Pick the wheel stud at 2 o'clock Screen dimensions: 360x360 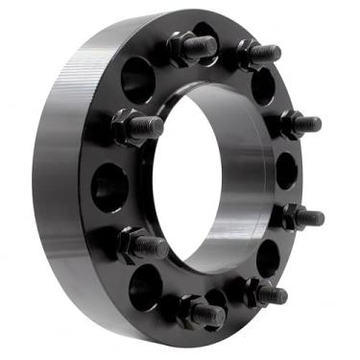click(298, 123)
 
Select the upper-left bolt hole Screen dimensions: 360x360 click(137, 79)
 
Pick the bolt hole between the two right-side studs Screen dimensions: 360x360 click(287, 171)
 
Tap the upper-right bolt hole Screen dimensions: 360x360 click(263, 86)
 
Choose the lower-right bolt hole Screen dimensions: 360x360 click(269, 254)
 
